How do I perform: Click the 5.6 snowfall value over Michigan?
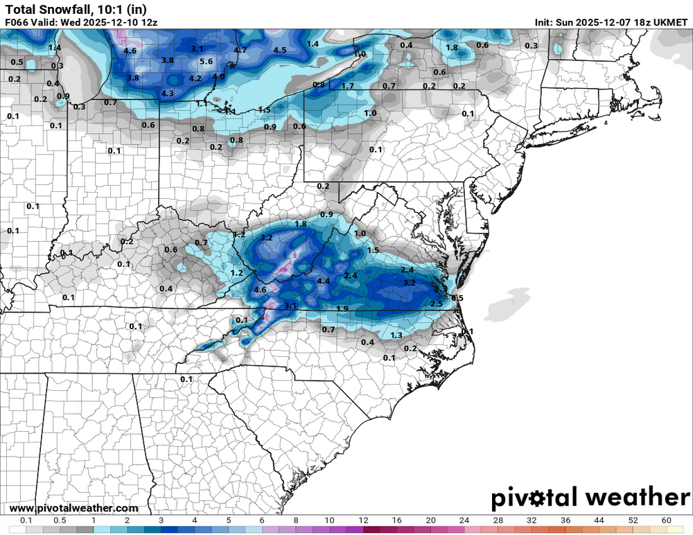pos(206,62)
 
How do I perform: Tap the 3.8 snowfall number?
pos(167,60)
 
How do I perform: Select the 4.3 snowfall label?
pos(167,93)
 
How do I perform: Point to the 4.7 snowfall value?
pos(240,50)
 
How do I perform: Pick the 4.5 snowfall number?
pos(280,50)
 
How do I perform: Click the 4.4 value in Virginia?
pos(323,281)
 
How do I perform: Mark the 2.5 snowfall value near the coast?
pos(437,304)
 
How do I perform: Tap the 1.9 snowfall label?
pos(342,308)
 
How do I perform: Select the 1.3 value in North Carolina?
pos(396,335)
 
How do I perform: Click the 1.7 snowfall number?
pos(348,86)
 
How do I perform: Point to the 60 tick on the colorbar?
pos(667,520)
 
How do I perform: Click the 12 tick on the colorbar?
pos(363,520)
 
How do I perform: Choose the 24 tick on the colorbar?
pos(464,520)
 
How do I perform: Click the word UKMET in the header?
pos(667,22)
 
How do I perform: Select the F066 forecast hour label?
pos(17,22)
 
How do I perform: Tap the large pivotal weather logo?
pos(590,497)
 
